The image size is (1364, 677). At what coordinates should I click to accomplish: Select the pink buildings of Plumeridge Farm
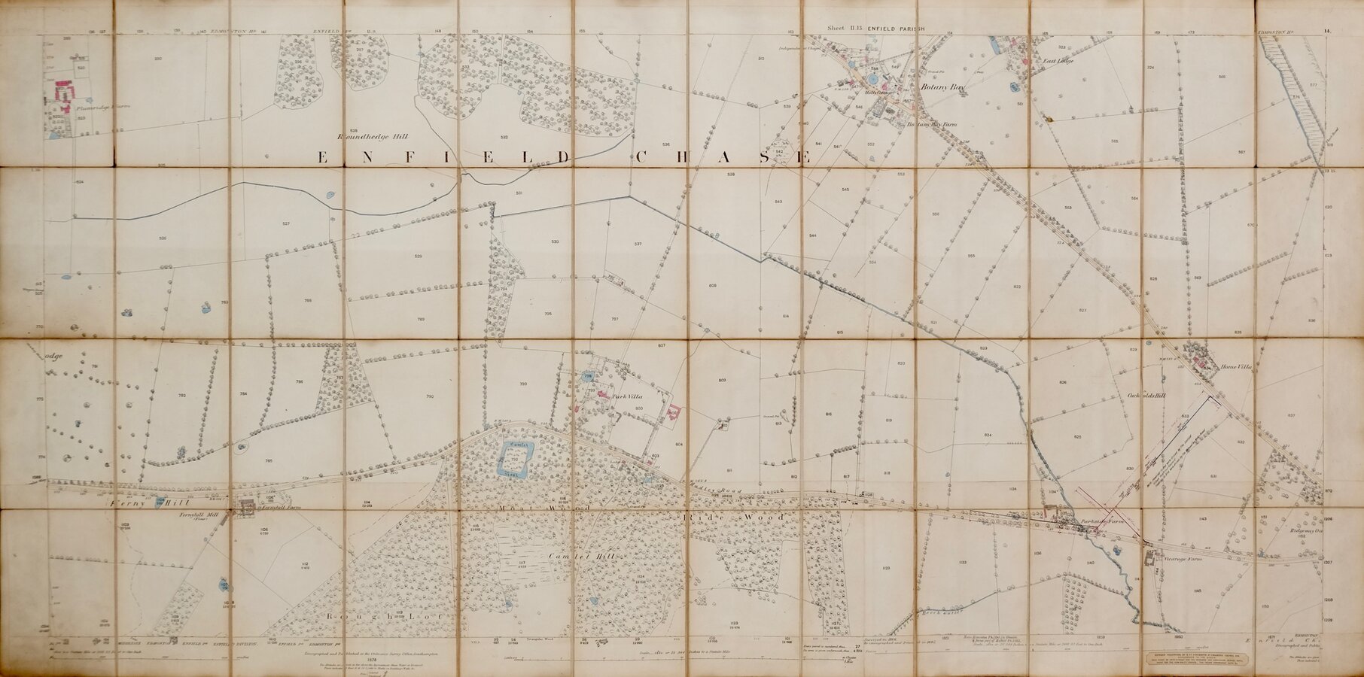tap(62, 93)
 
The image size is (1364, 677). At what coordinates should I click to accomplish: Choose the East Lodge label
tap(1057, 60)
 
